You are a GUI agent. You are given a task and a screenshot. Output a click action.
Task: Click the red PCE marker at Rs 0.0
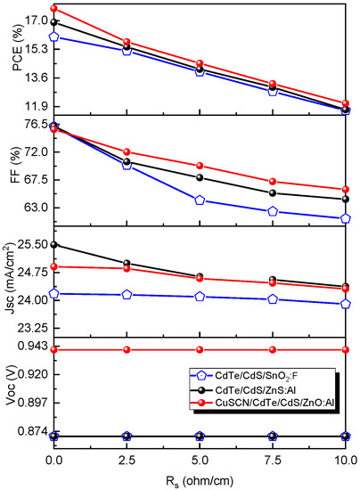54,9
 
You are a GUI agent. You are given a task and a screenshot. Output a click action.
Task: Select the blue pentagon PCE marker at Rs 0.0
54,37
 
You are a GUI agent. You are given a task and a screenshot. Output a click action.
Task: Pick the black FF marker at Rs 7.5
273,193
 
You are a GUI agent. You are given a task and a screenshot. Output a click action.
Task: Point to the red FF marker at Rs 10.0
345,190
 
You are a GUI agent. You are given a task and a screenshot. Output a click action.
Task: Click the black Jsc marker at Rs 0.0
54,244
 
